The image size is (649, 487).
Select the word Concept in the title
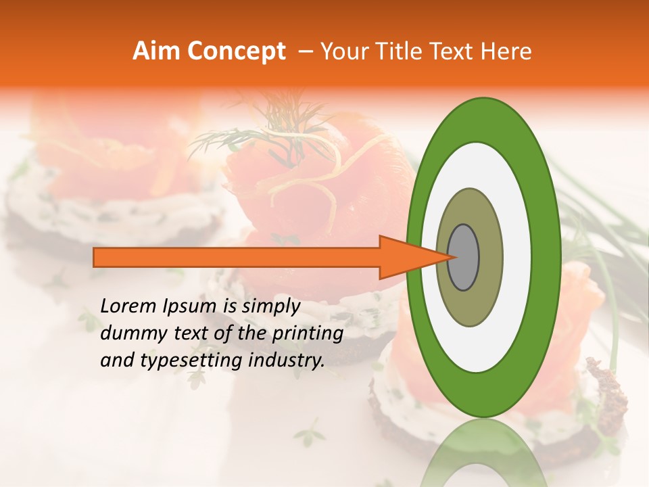[236, 51]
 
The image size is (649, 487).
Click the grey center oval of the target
[464, 257]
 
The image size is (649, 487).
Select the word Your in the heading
[342, 51]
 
